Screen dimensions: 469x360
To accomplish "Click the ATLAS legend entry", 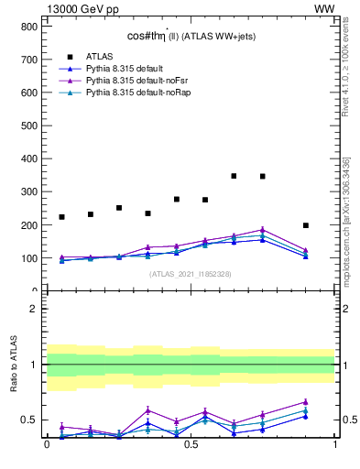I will click(100, 55).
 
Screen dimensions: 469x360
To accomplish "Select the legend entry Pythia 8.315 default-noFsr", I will click(125, 81).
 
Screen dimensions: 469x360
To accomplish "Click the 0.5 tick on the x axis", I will click(191, 444).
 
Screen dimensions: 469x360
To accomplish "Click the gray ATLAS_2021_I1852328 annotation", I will click(191, 274).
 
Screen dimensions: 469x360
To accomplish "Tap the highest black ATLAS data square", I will click(235, 176).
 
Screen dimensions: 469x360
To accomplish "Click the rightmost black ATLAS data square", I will click(306, 225).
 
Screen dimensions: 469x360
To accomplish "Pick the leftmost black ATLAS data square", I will click(61, 217).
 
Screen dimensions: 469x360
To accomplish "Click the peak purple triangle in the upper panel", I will click(263, 230).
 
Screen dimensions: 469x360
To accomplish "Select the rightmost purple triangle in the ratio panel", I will click(306, 401).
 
